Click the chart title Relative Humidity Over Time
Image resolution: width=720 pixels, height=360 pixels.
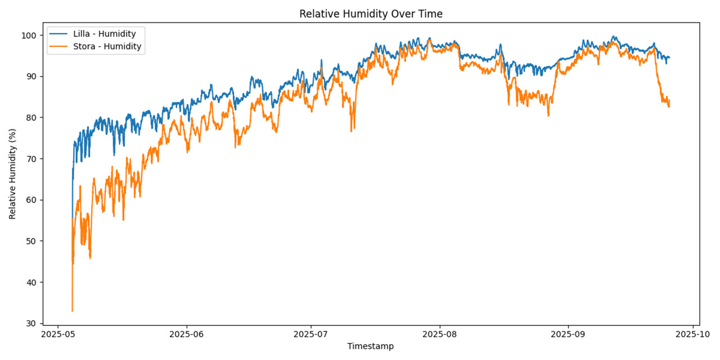pos(371,14)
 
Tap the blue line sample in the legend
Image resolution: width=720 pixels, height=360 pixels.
pos(59,34)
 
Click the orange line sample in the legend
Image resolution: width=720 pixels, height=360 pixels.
pos(59,47)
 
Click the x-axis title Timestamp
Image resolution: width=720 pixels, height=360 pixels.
pos(370,346)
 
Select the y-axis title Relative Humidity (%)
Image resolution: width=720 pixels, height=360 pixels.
pos(12,173)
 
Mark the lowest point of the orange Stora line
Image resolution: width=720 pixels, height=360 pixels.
pos(72,311)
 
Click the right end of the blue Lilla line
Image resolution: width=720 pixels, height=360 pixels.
pos(669,57)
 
